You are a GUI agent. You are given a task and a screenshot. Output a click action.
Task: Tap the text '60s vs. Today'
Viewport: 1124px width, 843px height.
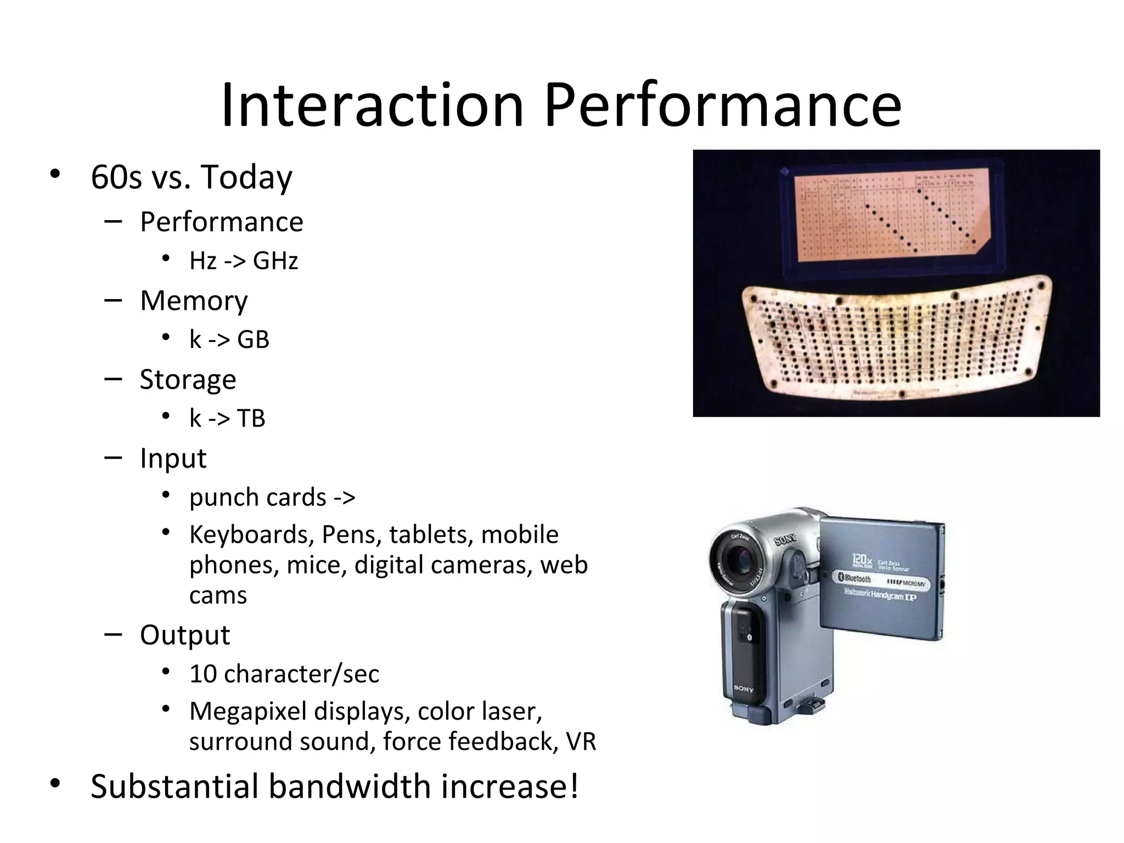tap(191, 177)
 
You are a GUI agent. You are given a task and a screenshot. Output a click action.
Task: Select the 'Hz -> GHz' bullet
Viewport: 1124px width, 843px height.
tap(243, 261)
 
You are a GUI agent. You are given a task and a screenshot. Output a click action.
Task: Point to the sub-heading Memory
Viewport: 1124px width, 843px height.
tap(194, 301)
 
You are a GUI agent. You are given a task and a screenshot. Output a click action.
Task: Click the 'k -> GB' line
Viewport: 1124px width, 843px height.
tap(229, 340)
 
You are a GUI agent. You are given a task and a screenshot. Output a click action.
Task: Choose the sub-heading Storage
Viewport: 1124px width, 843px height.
tap(188, 380)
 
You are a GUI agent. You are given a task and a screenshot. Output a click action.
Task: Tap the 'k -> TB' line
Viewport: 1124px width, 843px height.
tap(227, 419)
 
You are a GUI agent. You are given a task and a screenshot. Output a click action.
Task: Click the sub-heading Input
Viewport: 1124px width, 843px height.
tap(173, 458)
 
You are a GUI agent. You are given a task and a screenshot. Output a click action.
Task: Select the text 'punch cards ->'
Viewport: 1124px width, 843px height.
tap(272, 498)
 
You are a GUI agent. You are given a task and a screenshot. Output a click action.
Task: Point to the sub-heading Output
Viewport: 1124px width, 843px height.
tap(185, 636)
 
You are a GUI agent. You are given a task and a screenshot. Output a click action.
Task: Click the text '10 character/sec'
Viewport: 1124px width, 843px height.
tap(284, 674)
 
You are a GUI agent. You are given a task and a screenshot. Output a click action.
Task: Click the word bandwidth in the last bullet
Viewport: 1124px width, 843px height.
tap(349, 786)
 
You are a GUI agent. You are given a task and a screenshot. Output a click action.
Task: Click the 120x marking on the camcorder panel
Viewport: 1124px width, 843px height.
tap(862, 560)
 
